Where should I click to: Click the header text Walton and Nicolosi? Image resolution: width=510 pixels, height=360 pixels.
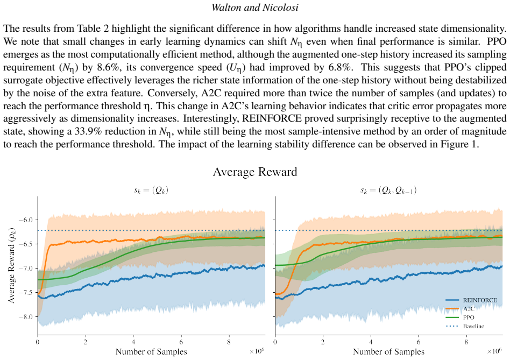254,7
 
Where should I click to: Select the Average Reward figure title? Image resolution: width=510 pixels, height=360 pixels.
255,172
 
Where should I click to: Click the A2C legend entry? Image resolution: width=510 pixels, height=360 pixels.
460,309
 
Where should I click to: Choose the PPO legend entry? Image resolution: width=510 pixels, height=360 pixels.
460,317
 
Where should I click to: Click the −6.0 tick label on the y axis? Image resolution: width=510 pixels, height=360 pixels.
25,220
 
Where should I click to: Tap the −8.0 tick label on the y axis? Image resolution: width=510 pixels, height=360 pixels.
25,317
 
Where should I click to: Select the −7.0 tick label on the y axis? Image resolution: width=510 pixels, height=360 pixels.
25,269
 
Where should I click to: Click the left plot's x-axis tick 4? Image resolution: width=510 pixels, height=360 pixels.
133,342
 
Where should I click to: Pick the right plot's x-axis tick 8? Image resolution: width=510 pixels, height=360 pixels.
466,342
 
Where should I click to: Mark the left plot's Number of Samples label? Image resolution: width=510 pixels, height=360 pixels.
151,351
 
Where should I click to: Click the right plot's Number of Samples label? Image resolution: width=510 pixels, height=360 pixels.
388,351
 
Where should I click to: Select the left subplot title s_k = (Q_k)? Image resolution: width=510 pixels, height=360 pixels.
151,190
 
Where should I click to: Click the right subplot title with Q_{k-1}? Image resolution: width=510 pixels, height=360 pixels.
388,190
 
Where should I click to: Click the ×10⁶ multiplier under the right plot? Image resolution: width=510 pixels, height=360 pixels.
494,351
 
